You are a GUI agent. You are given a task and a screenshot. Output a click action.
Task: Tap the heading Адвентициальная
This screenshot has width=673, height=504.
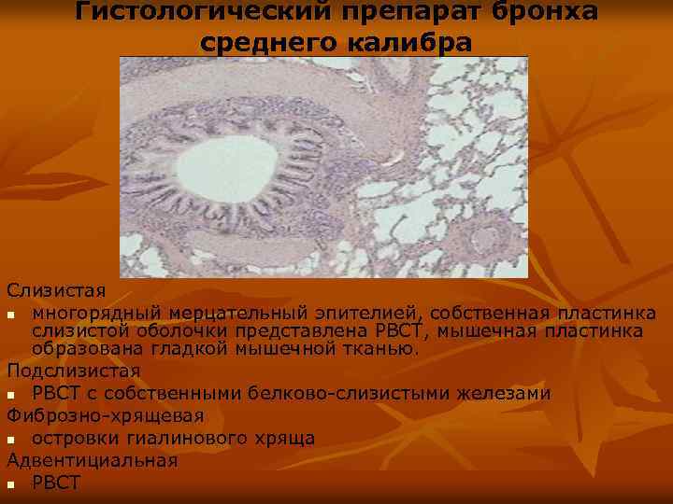click(x=92, y=460)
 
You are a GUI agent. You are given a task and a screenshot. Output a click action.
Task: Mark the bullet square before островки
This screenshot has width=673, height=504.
click(x=10, y=439)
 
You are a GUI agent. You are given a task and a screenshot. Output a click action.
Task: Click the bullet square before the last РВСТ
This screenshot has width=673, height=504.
click(x=10, y=483)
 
